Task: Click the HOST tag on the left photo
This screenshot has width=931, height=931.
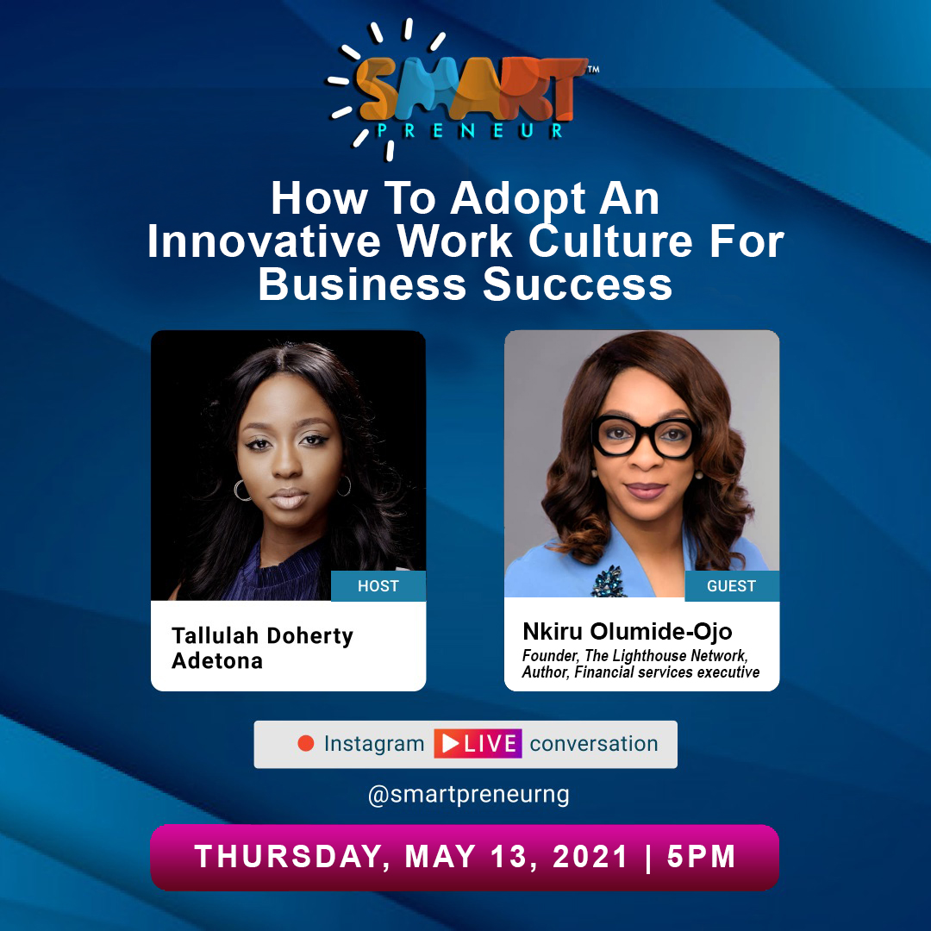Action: click(378, 586)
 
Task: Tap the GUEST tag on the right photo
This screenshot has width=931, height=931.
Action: click(731, 586)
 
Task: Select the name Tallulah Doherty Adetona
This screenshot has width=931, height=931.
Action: click(262, 648)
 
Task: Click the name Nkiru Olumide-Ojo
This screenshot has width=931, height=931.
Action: click(628, 631)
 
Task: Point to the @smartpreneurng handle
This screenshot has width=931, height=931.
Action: click(468, 794)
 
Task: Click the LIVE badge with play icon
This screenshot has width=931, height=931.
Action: click(478, 744)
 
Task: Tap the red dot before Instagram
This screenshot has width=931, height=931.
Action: click(305, 744)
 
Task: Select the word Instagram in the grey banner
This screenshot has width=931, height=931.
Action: click(374, 744)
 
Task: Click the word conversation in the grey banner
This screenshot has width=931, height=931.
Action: click(594, 744)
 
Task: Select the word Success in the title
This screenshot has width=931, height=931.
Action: click(578, 285)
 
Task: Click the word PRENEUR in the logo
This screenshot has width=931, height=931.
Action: click(470, 131)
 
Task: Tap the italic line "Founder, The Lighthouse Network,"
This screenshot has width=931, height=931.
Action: click(634, 656)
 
